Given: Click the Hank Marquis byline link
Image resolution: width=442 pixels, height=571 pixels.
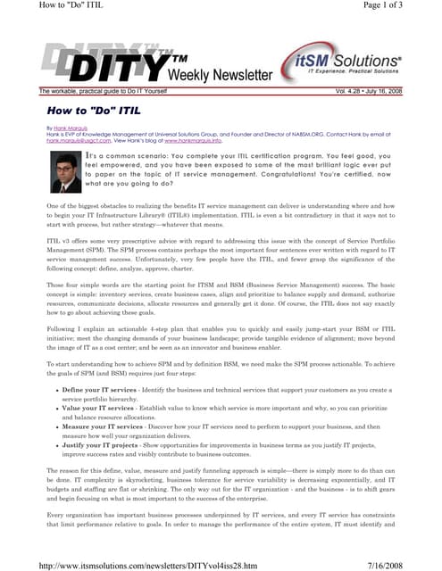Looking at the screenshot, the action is click(x=71, y=128).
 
